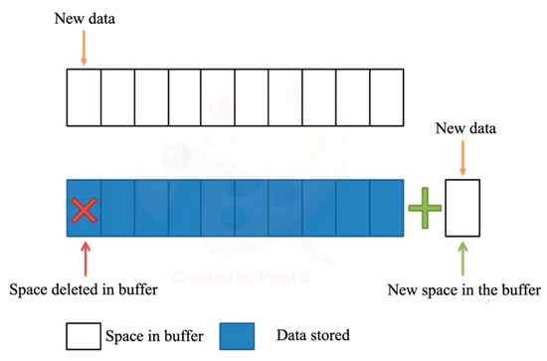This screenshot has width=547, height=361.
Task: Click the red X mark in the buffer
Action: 84,209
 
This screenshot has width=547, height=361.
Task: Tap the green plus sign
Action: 424,208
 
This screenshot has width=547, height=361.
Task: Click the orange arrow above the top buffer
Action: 84,51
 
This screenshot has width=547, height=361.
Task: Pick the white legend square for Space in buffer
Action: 83,335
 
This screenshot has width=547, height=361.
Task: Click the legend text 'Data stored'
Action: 313,335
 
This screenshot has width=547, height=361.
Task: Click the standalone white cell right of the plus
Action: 462,208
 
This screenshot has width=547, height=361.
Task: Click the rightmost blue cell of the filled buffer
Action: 387,208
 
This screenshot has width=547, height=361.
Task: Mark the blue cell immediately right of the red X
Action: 117,208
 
